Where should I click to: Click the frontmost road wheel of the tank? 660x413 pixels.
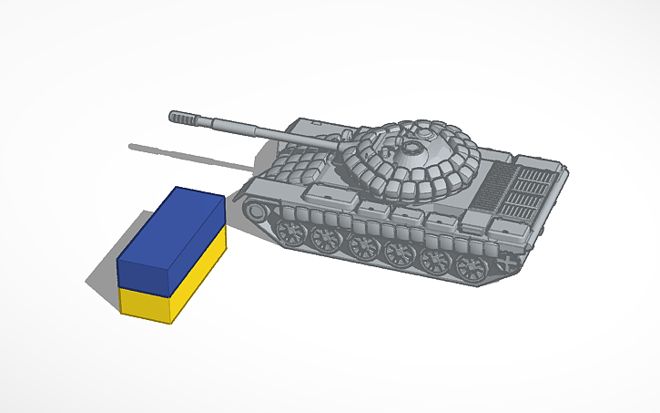pos(293,232)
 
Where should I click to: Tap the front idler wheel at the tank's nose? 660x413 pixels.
pos(258,212)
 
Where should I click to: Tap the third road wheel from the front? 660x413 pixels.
pos(362,246)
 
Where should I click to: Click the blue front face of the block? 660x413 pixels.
pos(143,273)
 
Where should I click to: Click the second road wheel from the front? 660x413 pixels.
pos(325,239)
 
